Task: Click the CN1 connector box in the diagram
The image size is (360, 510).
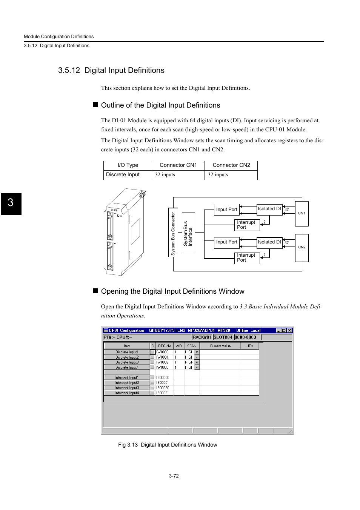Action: tap(302, 213)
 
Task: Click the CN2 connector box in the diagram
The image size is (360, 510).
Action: tap(302, 248)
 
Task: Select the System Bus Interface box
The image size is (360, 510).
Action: tap(188, 233)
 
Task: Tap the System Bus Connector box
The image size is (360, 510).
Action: tap(173, 233)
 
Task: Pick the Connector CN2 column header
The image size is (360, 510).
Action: tap(231, 165)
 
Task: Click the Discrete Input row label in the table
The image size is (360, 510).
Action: tap(123, 175)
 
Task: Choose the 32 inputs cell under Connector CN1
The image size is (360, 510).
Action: tap(165, 175)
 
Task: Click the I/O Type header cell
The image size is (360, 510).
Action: tap(128, 165)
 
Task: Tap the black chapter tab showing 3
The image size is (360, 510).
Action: tap(11, 203)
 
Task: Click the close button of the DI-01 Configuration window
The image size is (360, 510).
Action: tap(289, 330)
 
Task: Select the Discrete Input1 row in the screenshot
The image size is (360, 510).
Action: tap(127, 352)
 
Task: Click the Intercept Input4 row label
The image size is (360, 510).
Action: tap(127, 393)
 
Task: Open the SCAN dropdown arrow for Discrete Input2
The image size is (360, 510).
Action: tap(197, 357)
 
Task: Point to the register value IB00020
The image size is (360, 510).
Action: tap(163, 388)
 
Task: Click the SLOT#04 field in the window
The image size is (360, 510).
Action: tap(223, 337)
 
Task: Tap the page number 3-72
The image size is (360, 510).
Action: tap(174, 476)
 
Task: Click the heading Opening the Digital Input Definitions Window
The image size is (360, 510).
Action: tap(172, 291)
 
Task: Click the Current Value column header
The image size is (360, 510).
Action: tap(220, 346)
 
